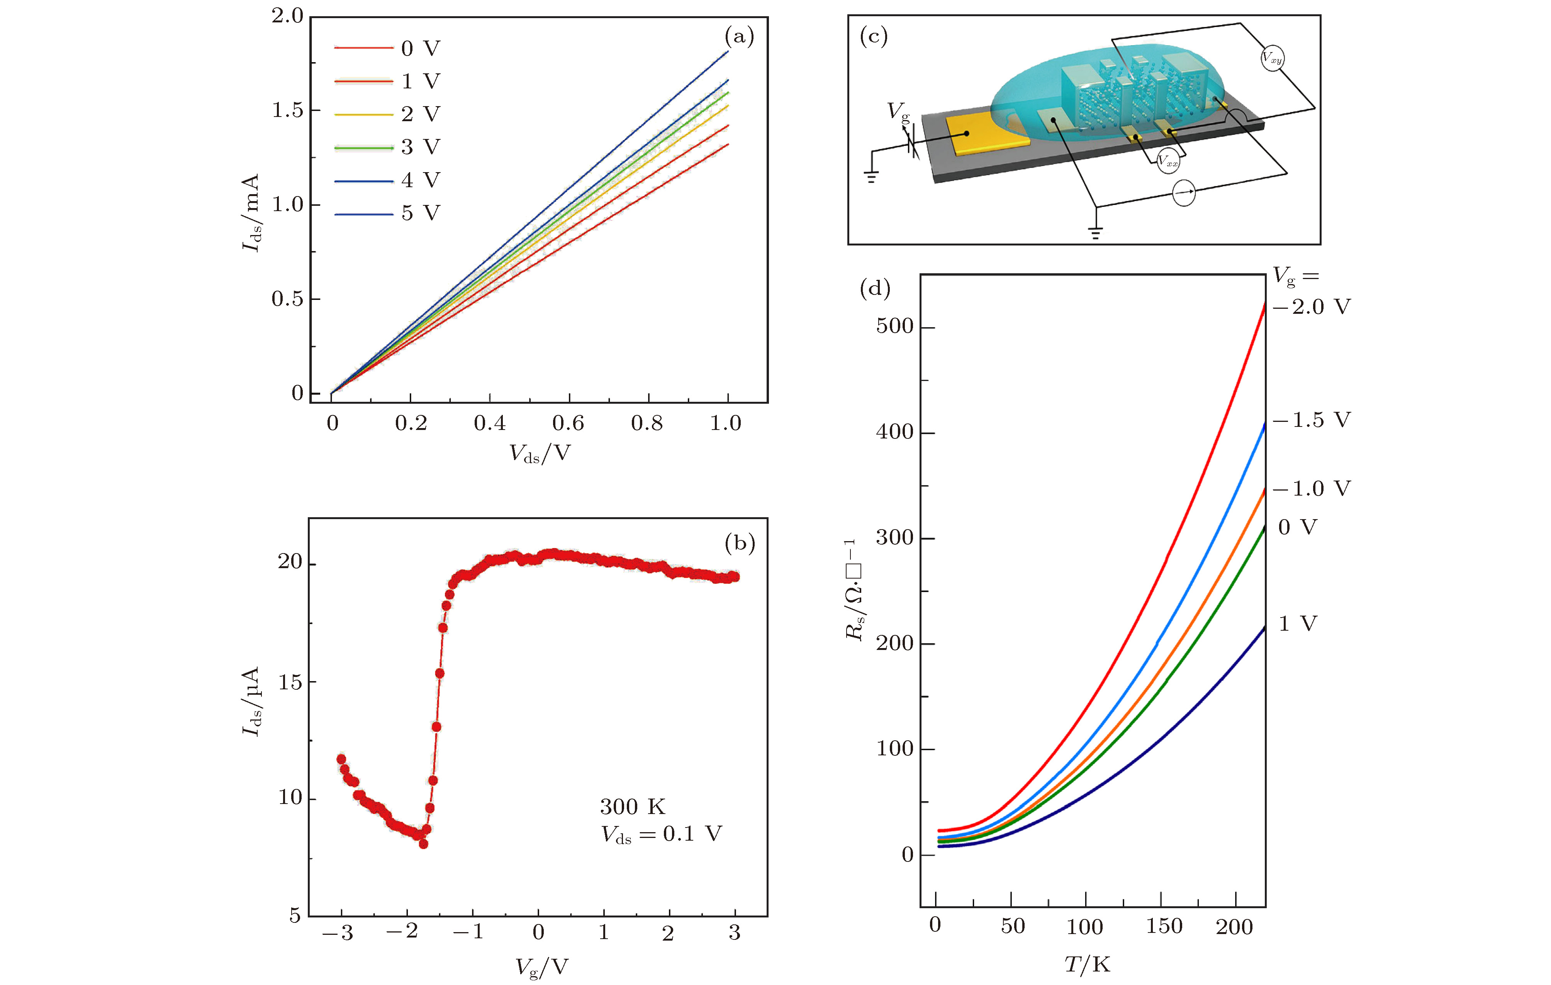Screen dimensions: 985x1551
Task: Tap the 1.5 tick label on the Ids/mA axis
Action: coord(287,111)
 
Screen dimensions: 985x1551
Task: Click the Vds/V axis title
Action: coord(540,454)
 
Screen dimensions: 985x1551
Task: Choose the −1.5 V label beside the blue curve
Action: coord(1312,420)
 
